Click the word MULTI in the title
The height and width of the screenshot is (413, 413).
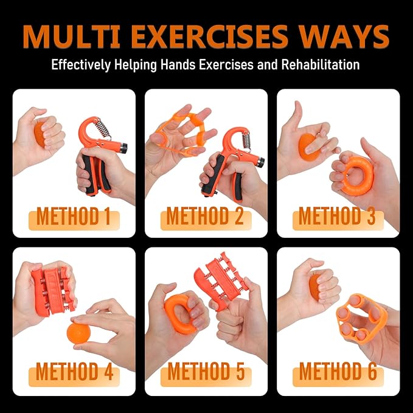[x=71, y=36]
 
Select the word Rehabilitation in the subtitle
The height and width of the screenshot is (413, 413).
[x=321, y=64]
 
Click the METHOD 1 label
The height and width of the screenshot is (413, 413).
[x=74, y=216]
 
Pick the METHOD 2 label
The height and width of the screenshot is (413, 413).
[x=206, y=216]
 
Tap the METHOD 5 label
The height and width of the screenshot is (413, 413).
[x=206, y=372]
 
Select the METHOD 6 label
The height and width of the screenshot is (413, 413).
[x=338, y=372]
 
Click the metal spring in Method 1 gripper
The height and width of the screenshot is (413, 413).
[x=103, y=128]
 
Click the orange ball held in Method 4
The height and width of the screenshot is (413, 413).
[x=78, y=333]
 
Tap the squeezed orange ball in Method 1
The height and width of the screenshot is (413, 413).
[x=39, y=134]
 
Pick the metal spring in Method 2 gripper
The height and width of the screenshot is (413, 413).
[x=246, y=141]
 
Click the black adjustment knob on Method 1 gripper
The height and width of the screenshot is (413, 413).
[x=123, y=148]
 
